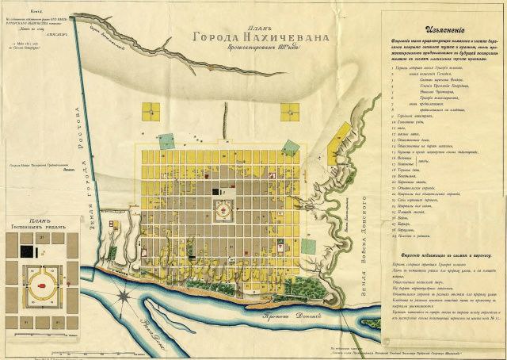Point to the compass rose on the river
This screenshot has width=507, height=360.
[x=124, y=297]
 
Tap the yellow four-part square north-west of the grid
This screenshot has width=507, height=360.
[x=153, y=113]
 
